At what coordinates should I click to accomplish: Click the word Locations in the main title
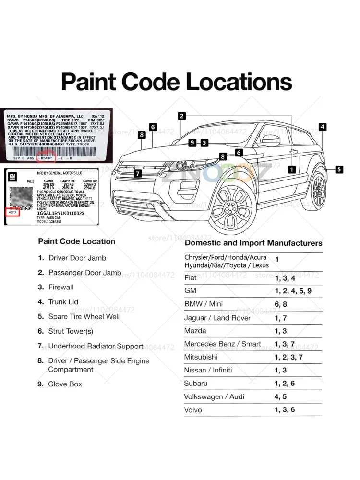tap(239, 82)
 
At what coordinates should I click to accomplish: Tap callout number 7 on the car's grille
tap(138, 174)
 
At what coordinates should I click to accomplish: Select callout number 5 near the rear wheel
tap(339, 169)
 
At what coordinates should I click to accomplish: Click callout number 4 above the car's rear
tap(323, 127)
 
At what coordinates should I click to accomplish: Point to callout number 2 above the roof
tap(181, 116)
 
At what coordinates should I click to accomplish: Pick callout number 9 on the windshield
tap(192, 143)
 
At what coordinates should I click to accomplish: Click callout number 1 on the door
tap(291, 169)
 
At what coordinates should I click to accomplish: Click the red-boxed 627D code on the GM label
tap(13, 212)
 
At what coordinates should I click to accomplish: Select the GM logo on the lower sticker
tap(13, 177)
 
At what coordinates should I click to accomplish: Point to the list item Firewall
tap(61, 287)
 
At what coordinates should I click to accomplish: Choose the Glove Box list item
tap(65, 384)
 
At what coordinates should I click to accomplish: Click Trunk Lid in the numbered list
tap(63, 302)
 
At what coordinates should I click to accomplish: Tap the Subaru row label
tap(196, 383)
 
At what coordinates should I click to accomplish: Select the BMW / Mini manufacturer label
tap(204, 304)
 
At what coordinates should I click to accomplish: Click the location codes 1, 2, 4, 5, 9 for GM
tap(293, 291)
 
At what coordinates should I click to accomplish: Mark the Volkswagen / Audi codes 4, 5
tap(281, 397)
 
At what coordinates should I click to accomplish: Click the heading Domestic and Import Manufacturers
tap(253, 243)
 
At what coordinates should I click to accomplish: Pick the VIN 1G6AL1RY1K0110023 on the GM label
tap(47, 213)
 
